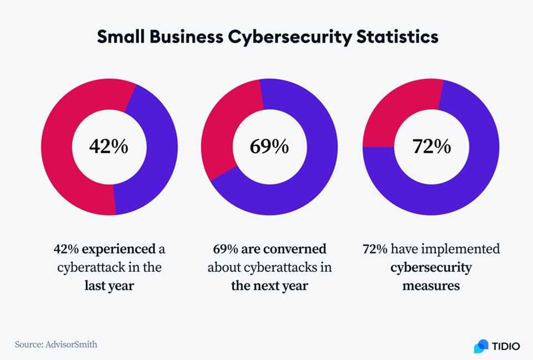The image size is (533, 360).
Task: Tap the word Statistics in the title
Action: [x=396, y=37]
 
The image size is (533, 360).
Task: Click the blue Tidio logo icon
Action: [x=481, y=346]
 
